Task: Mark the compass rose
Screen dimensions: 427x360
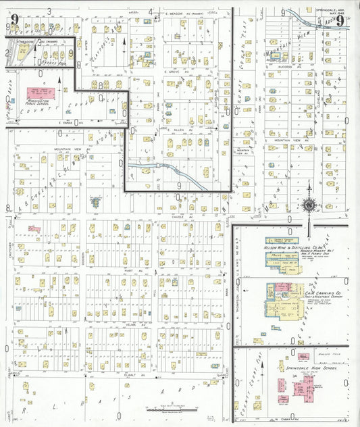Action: [309, 204]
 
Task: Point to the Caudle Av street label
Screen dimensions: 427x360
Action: [178, 217]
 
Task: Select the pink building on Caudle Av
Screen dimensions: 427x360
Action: [34, 229]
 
